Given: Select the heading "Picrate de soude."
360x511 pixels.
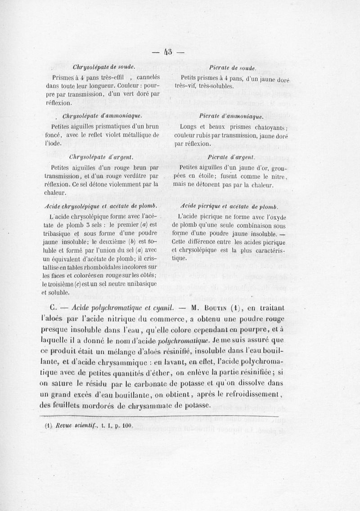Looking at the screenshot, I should (x=233, y=68).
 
